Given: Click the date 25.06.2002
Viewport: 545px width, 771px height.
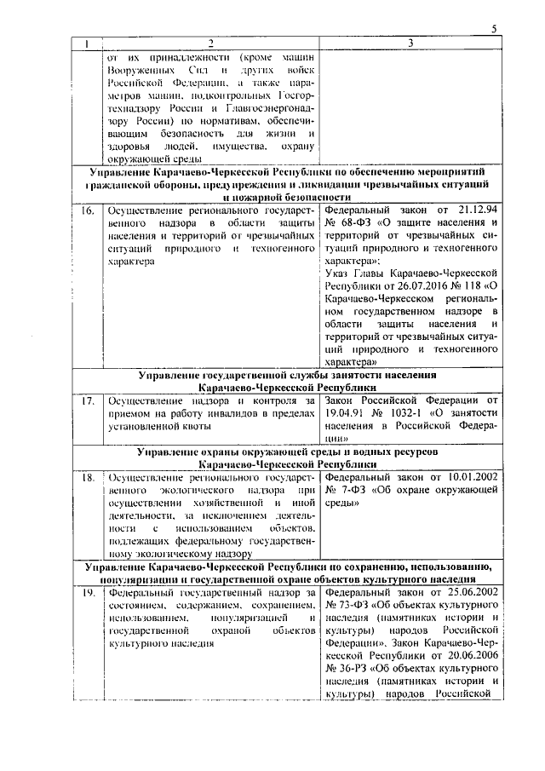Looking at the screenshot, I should pos(465,591).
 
